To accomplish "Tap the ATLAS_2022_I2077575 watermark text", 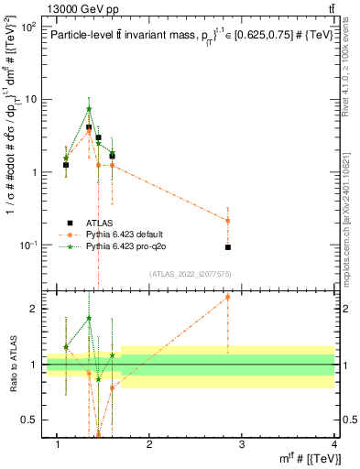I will (189, 273).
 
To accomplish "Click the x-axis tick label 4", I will (334, 444).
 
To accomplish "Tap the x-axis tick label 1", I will (58, 444).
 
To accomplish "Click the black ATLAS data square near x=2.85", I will (228, 247).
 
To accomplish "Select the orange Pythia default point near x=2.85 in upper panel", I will (228, 221).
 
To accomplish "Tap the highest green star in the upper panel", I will (89, 109).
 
